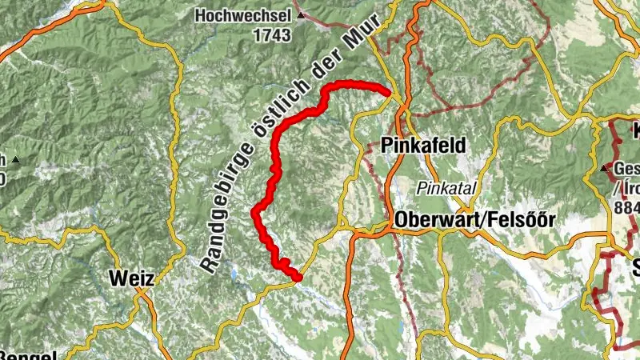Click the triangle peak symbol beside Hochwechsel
pos(300,15)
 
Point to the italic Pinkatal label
pos(446,188)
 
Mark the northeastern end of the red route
pos(389,94)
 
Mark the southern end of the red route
pos(298,278)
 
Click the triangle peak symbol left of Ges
pos(606,169)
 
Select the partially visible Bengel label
pos(28,355)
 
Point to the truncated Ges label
pos(627,169)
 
